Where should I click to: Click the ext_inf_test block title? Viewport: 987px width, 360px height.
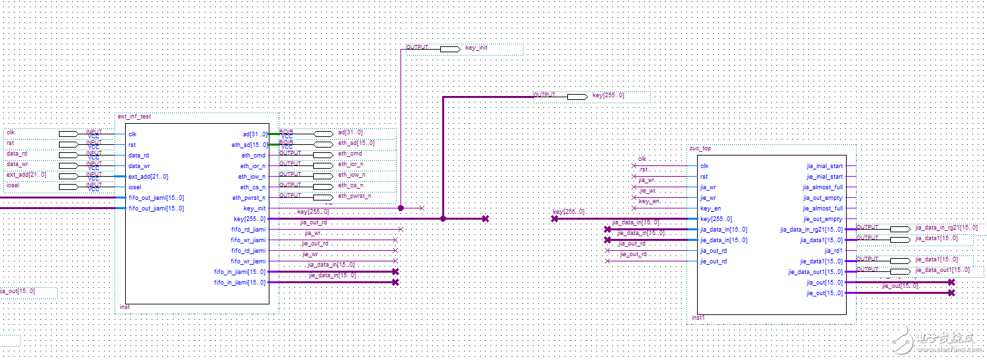(x=134, y=116)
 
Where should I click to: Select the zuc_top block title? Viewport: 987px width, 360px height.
(x=700, y=149)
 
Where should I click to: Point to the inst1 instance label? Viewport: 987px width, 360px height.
(x=698, y=318)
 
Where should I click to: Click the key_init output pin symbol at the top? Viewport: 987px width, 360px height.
(x=449, y=49)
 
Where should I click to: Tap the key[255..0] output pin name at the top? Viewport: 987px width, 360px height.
(x=608, y=96)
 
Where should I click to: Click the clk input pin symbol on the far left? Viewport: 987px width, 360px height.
(x=68, y=134)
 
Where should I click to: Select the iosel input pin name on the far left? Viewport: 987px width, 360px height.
(x=13, y=186)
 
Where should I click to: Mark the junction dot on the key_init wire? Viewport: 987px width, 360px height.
(x=400, y=208)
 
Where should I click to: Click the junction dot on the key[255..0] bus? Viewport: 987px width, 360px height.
(x=443, y=218)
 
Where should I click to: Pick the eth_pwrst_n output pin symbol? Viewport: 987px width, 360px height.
(x=322, y=197)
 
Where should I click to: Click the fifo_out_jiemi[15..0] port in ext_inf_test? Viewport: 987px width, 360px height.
(x=156, y=197)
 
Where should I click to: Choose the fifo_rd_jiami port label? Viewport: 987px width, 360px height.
(x=248, y=229)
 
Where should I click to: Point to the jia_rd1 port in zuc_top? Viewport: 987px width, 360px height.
(x=833, y=251)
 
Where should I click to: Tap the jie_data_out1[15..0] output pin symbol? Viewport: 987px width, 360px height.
(x=900, y=271)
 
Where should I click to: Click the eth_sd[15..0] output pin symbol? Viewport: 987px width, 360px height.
(x=322, y=144)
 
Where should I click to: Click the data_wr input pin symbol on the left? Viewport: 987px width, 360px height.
(x=68, y=165)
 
